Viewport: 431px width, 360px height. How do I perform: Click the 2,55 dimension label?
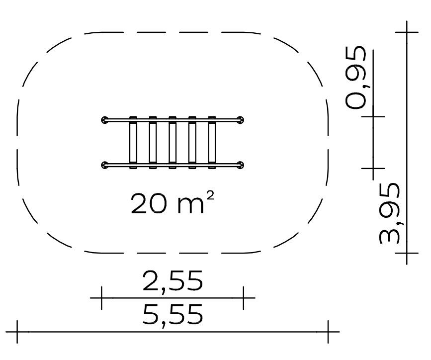(x=172, y=281)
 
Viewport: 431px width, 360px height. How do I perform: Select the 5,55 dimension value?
(x=172, y=314)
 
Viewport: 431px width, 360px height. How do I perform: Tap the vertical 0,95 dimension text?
(x=356, y=78)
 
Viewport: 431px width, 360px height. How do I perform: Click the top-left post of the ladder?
(x=105, y=120)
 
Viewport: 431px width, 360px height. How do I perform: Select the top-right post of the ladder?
(x=240, y=120)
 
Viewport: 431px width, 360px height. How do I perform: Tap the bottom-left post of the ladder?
(x=105, y=165)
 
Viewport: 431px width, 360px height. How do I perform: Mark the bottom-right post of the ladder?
(x=240, y=165)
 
